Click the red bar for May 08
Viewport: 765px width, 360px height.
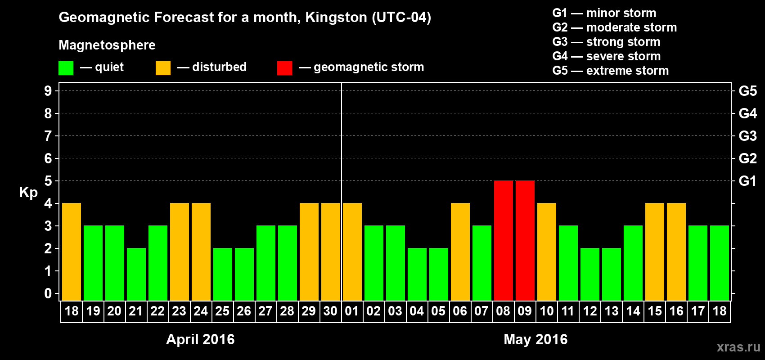coord(503,240)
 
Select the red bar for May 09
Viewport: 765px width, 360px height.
coord(525,240)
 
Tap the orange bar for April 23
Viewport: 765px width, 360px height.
coord(179,252)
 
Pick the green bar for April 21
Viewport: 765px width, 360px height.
coord(136,274)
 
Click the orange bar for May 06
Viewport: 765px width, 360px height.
coord(460,252)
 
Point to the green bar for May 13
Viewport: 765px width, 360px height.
coord(611,274)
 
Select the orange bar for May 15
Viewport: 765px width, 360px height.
coord(654,252)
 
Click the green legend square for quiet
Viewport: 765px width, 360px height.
coord(66,68)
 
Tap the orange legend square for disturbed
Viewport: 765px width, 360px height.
coord(163,68)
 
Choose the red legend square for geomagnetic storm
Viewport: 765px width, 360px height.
coord(284,68)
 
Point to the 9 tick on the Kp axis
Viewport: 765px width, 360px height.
coord(48,91)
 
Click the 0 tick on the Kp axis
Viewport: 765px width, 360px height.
coord(48,294)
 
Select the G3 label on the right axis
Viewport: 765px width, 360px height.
coord(747,136)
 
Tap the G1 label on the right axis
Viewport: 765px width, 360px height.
coord(747,181)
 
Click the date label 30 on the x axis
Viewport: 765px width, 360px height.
coord(330,311)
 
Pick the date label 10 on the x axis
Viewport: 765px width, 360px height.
coord(546,311)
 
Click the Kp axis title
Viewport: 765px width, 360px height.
coord(28,193)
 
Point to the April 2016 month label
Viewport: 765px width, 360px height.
coord(200,339)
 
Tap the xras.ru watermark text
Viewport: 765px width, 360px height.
coord(738,347)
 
